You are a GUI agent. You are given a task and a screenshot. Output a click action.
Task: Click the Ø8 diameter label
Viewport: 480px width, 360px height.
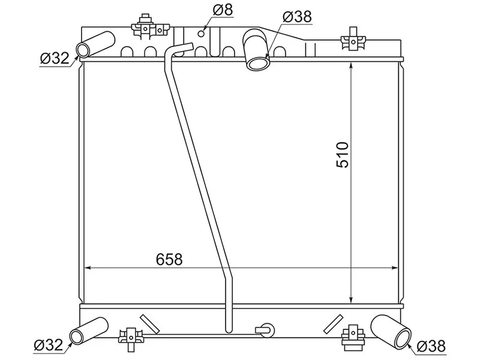click(223, 10)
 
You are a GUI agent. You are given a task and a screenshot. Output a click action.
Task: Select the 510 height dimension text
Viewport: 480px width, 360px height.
click(343, 155)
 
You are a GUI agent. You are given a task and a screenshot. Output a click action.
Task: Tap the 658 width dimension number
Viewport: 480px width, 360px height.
click(169, 259)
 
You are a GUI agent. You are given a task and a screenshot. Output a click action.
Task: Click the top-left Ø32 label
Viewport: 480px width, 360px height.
click(55, 58)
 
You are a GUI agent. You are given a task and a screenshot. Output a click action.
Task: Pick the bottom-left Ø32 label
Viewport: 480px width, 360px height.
click(49, 345)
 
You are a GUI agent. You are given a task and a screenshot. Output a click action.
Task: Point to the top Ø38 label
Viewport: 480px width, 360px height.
click(297, 17)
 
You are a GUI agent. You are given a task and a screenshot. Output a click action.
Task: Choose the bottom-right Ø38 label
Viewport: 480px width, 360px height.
click(431, 346)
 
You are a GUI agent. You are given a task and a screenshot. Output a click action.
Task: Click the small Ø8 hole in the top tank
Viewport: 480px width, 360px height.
click(201, 34)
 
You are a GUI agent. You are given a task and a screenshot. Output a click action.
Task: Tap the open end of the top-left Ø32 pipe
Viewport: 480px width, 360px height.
click(83, 50)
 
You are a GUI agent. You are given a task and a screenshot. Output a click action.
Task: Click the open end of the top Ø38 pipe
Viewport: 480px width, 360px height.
click(259, 64)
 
